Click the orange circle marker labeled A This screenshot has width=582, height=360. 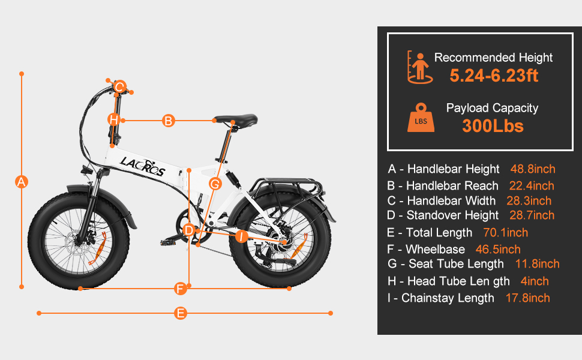click(x=22, y=182)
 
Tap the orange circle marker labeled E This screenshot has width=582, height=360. click(x=181, y=313)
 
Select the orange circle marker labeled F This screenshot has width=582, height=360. click(x=181, y=289)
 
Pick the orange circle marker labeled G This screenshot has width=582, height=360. click(x=215, y=184)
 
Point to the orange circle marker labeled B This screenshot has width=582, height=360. click(x=168, y=121)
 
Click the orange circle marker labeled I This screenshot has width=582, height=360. click(x=242, y=236)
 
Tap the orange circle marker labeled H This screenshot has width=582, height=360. click(x=113, y=120)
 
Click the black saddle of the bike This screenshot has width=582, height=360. click(x=236, y=119)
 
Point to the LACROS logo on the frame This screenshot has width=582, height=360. click(x=142, y=166)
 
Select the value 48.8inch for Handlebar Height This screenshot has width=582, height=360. click(x=533, y=169)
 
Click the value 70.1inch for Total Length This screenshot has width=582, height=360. click(x=506, y=233)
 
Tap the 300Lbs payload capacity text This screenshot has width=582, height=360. click(x=493, y=126)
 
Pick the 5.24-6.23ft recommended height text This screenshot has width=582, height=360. click(x=494, y=76)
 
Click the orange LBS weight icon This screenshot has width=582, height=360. click(x=421, y=118)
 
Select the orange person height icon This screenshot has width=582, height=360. click(x=420, y=67)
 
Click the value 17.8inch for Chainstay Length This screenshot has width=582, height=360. click(x=527, y=298)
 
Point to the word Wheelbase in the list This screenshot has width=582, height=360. click(x=435, y=250)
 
